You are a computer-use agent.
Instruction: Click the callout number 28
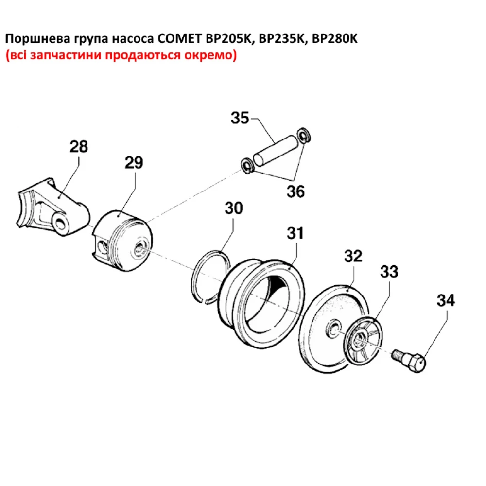pyautogui.click(x=79, y=146)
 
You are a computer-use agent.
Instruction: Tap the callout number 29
pyautogui.click(x=134, y=163)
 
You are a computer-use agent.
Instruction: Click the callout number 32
pyautogui.click(x=353, y=256)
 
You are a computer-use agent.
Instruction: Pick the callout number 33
pyautogui.click(x=388, y=272)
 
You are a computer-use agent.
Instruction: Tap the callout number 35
pyautogui.click(x=240, y=118)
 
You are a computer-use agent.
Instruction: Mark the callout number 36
pyautogui.click(x=295, y=191)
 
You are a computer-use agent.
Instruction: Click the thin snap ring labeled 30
pyautogui.click(x=210, y=277)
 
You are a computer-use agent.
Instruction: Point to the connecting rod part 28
pyautogui.click(x=53, y=209)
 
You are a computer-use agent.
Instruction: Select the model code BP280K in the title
pyautogui.click(x=334, y=39)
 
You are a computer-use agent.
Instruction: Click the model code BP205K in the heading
pyautogui.click(x=228, y=39)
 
